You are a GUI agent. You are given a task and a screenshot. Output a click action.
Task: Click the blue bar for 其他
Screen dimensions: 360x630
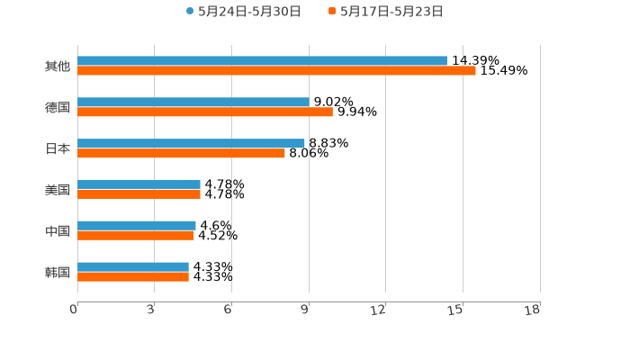tap(262, 61)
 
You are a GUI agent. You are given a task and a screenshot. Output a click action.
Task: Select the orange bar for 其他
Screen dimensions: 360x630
tap(276, 71)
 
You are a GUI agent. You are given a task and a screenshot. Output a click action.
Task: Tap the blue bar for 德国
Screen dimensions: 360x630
tap(193, 103)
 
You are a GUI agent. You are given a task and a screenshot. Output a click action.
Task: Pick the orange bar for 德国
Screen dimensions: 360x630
tap(205, 112)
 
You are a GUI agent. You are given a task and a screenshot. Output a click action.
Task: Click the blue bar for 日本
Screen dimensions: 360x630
tap(191, 143)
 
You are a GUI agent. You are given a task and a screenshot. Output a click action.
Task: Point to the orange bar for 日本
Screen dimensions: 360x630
tap(181, 153)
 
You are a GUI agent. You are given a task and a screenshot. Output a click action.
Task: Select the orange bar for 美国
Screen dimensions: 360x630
tap(139, 193)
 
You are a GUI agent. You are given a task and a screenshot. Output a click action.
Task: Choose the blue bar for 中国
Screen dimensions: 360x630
tap(137, 225)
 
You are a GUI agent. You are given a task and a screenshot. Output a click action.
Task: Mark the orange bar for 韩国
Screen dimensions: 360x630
tap(133, 276)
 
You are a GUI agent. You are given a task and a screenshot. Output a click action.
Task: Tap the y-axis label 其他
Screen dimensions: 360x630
tap(58, 66)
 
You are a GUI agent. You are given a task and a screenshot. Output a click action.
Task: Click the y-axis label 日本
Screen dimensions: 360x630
tap(58, 148)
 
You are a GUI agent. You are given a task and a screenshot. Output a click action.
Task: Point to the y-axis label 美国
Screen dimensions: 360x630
tap(58, 190)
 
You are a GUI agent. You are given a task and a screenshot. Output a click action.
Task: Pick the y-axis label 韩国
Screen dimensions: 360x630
tap(58, 272)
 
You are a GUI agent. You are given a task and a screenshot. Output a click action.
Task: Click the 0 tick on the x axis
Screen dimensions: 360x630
tap(75, 310)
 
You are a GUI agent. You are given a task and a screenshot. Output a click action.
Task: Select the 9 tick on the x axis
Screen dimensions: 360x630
tap(306, 310)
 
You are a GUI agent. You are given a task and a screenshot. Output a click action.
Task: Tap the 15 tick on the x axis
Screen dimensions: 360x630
tap(457, 310)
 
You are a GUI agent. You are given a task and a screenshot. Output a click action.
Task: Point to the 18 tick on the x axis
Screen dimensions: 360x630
tap(534, 310)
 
